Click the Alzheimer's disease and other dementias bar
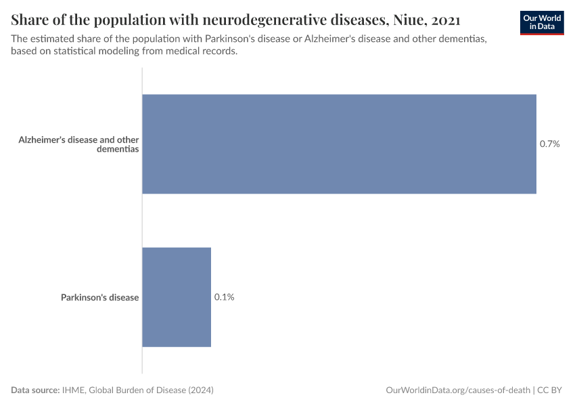339,144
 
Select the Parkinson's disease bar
177,297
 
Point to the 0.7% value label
549,144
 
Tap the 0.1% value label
225,297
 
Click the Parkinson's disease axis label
99,297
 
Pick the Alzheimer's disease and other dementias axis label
79,144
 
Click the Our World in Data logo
542,22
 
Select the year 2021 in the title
444,18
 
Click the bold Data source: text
35,390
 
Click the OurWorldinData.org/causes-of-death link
457,390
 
